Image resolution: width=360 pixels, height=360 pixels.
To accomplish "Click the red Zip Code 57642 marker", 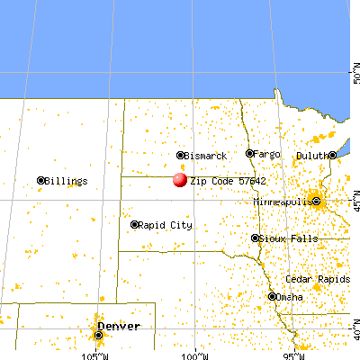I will click(180, 179).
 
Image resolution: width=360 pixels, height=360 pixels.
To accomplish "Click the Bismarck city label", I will click(204, 156).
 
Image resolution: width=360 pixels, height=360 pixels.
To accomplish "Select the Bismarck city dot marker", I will click(180, 156).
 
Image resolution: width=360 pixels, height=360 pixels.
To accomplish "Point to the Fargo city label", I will click(268, 154).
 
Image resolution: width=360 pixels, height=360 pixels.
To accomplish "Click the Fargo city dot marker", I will click(250, 154).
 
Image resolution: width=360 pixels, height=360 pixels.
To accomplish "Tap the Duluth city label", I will click(312, 155).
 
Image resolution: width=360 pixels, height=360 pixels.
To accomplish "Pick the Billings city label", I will click(67, 181).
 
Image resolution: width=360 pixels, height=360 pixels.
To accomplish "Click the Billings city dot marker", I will click(41, 181).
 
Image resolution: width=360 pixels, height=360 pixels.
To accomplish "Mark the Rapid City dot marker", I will click(134, 224).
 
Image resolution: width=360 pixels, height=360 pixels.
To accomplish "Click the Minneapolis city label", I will click(283, 203).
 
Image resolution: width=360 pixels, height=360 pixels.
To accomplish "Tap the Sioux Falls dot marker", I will click(255, 238).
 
